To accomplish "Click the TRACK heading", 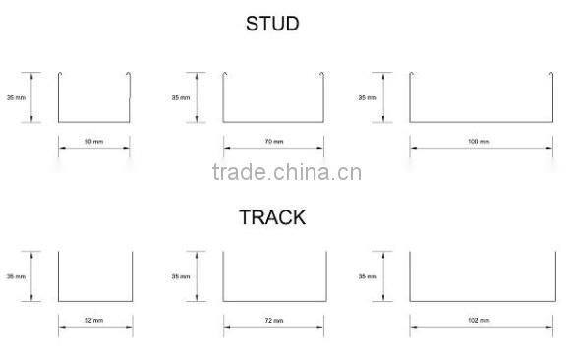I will [271, 217].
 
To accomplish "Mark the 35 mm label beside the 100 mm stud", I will [367, 97].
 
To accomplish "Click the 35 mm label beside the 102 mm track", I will [367, 277].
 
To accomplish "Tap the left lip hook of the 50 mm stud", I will [61, 75].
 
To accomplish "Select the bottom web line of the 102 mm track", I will [479, 302].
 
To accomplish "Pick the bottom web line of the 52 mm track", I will [94, 302].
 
